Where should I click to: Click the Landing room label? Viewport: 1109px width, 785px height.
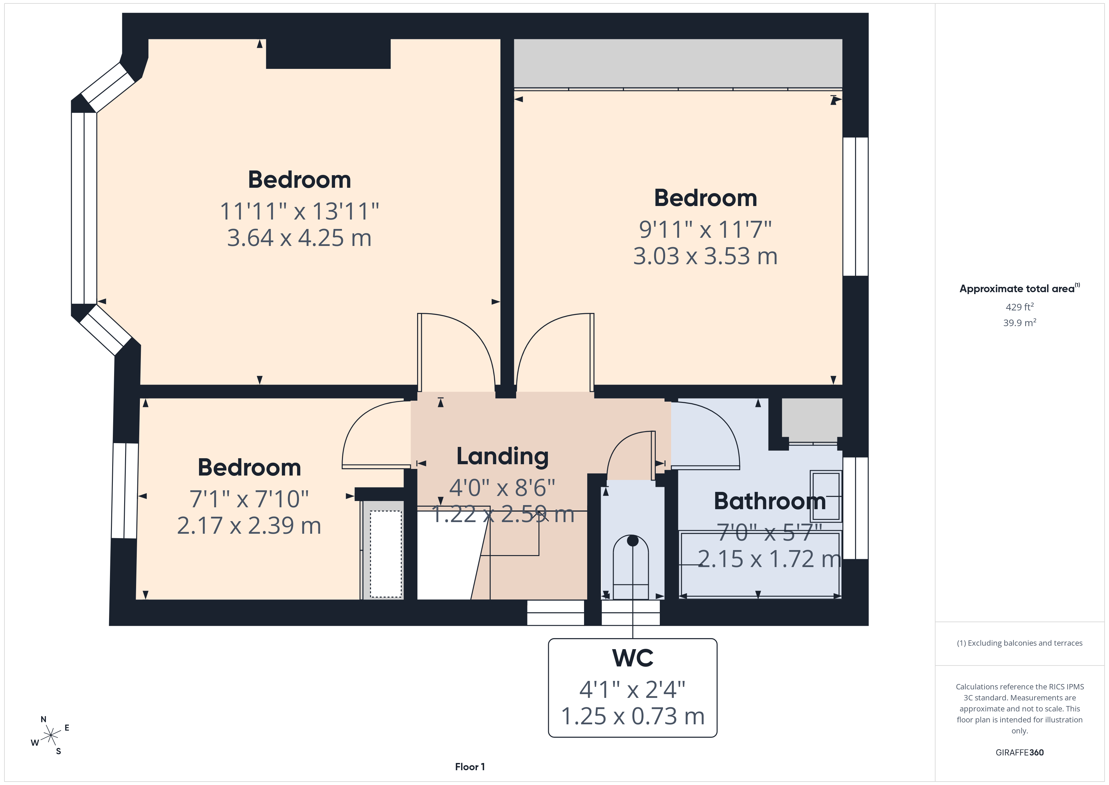click(x=502, y=457)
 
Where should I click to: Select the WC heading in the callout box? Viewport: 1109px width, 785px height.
click(x=633, y=658)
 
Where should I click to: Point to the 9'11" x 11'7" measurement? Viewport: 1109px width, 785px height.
click(x=705, y=230)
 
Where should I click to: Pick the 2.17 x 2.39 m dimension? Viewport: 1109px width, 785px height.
click(x=249, y=526)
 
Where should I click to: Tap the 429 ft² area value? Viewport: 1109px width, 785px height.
click(x=1020, y=307)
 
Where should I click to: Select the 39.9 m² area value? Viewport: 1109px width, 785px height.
click(x=1020, y=322)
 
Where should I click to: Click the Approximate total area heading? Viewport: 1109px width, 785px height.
click(x=1020, y=289)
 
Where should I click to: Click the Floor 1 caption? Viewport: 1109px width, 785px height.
click(x=470, y=767)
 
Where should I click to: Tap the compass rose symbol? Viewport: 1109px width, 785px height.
click(x=50, y=736)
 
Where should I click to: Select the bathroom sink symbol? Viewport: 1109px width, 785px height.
click(x=826, y=496)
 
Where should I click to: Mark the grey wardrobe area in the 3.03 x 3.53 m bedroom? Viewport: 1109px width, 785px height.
click(x=678, y=63)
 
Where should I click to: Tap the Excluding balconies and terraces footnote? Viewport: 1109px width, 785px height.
click(x=1020, y=643)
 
